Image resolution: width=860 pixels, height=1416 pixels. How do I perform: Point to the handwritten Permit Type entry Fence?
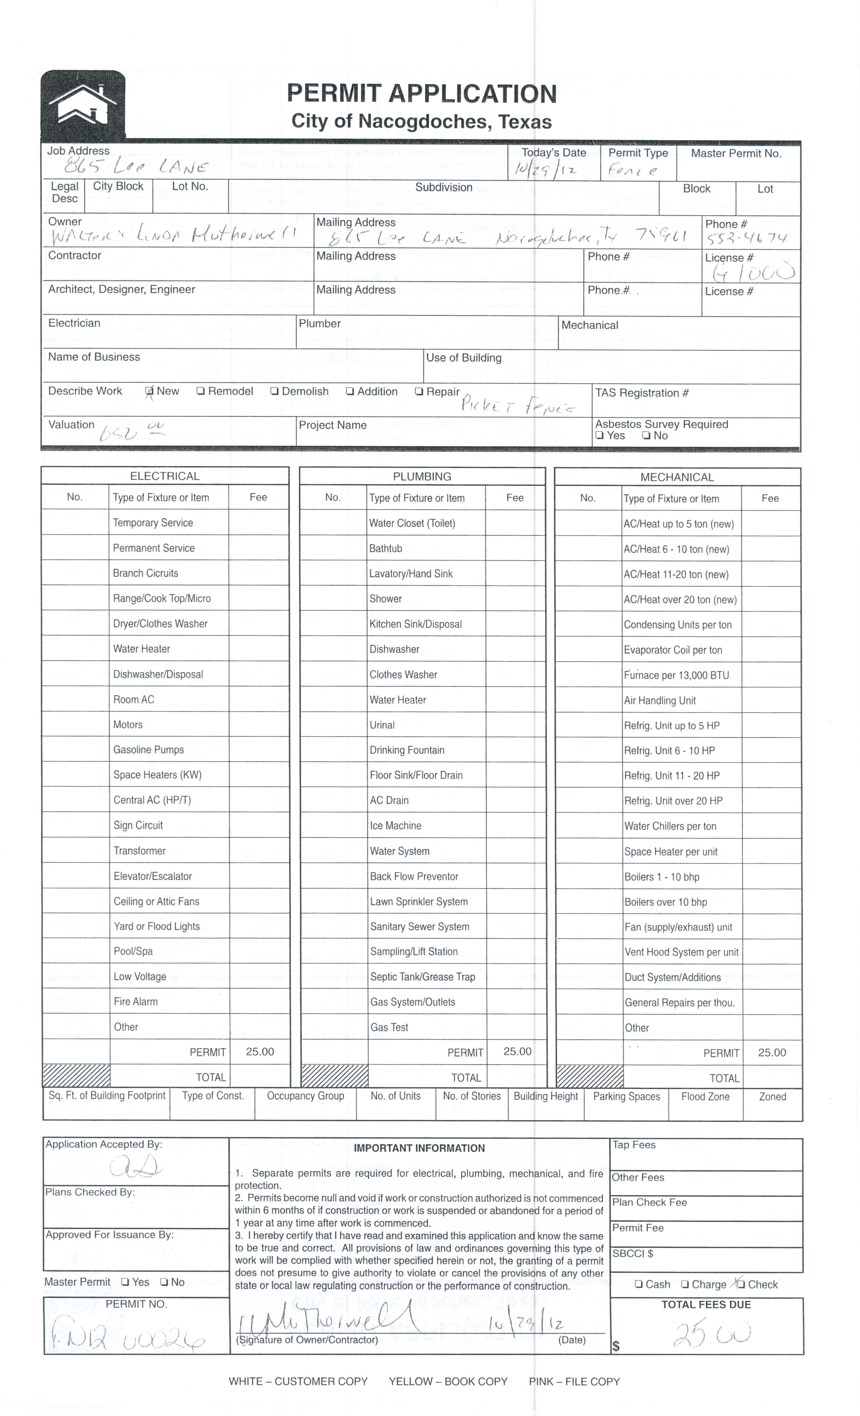pyautogui.click(x=632, y=170)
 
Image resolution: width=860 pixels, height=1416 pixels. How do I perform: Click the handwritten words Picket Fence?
pyautogui.click(x=517, y=406)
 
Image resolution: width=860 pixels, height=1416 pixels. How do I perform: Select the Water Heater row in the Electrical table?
pyautogui.click(x=141, y=649)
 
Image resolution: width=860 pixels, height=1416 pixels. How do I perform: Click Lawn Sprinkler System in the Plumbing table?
pyautogui.click(x=419, y=902)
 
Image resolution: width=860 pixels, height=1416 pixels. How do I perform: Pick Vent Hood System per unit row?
pyautogui.click(x=681, y=952)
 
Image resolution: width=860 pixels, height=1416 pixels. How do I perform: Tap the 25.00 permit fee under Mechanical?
pyautogui.click(x=772, y=1052)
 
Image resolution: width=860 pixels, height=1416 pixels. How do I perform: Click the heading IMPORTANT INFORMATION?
pyautogui.click(x=419, y=1148)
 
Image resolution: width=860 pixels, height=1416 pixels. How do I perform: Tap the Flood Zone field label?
pyautogui.click(x=705, y=1096)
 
